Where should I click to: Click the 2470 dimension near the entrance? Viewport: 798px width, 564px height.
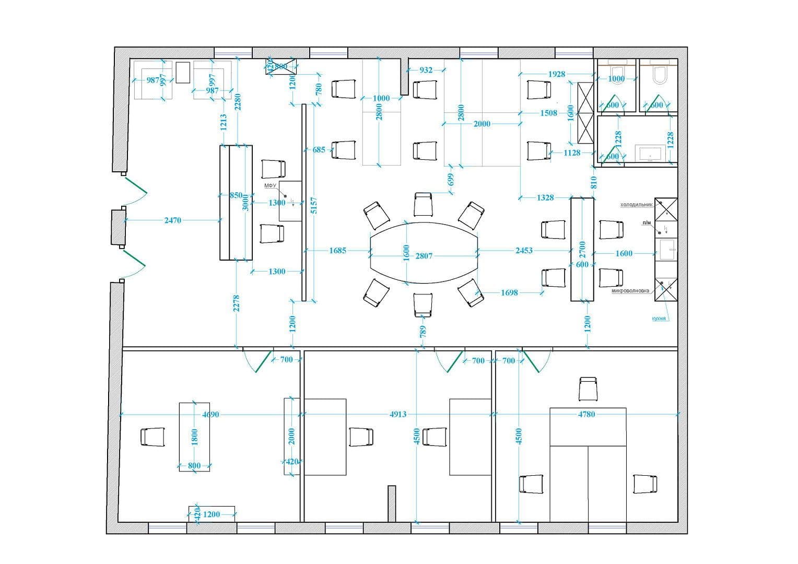pos(172,220)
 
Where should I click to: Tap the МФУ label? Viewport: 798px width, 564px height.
pos(269,186)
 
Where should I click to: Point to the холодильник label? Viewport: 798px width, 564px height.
pos(636,205)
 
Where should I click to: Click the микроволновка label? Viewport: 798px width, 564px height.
pos(630,290)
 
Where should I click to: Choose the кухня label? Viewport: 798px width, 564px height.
pos(659,318)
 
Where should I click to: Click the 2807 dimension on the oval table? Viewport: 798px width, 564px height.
pos(424,256)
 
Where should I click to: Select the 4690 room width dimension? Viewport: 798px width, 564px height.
pos(210,415)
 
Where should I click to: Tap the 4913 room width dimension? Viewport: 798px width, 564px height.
pos(398,415)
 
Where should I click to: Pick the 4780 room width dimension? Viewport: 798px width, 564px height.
pos(586,414)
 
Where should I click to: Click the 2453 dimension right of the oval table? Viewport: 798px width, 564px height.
pos(524,251)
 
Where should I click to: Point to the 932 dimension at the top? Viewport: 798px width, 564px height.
pos(426,70)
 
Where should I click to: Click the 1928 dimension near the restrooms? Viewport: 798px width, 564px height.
pos(557,74)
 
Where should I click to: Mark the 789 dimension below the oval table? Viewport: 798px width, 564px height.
pos(423,331)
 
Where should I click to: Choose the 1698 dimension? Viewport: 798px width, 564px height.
pos(509,293)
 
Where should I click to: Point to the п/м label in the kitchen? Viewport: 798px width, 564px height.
pos(647,223)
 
